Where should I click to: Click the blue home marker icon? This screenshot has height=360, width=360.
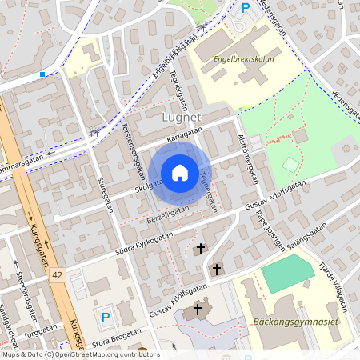(179, 173)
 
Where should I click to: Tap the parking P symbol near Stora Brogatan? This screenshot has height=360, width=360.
(106, 318)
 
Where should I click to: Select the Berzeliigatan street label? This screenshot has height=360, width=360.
(168, 213)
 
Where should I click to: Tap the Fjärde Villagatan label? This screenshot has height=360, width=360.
(335, 284)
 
